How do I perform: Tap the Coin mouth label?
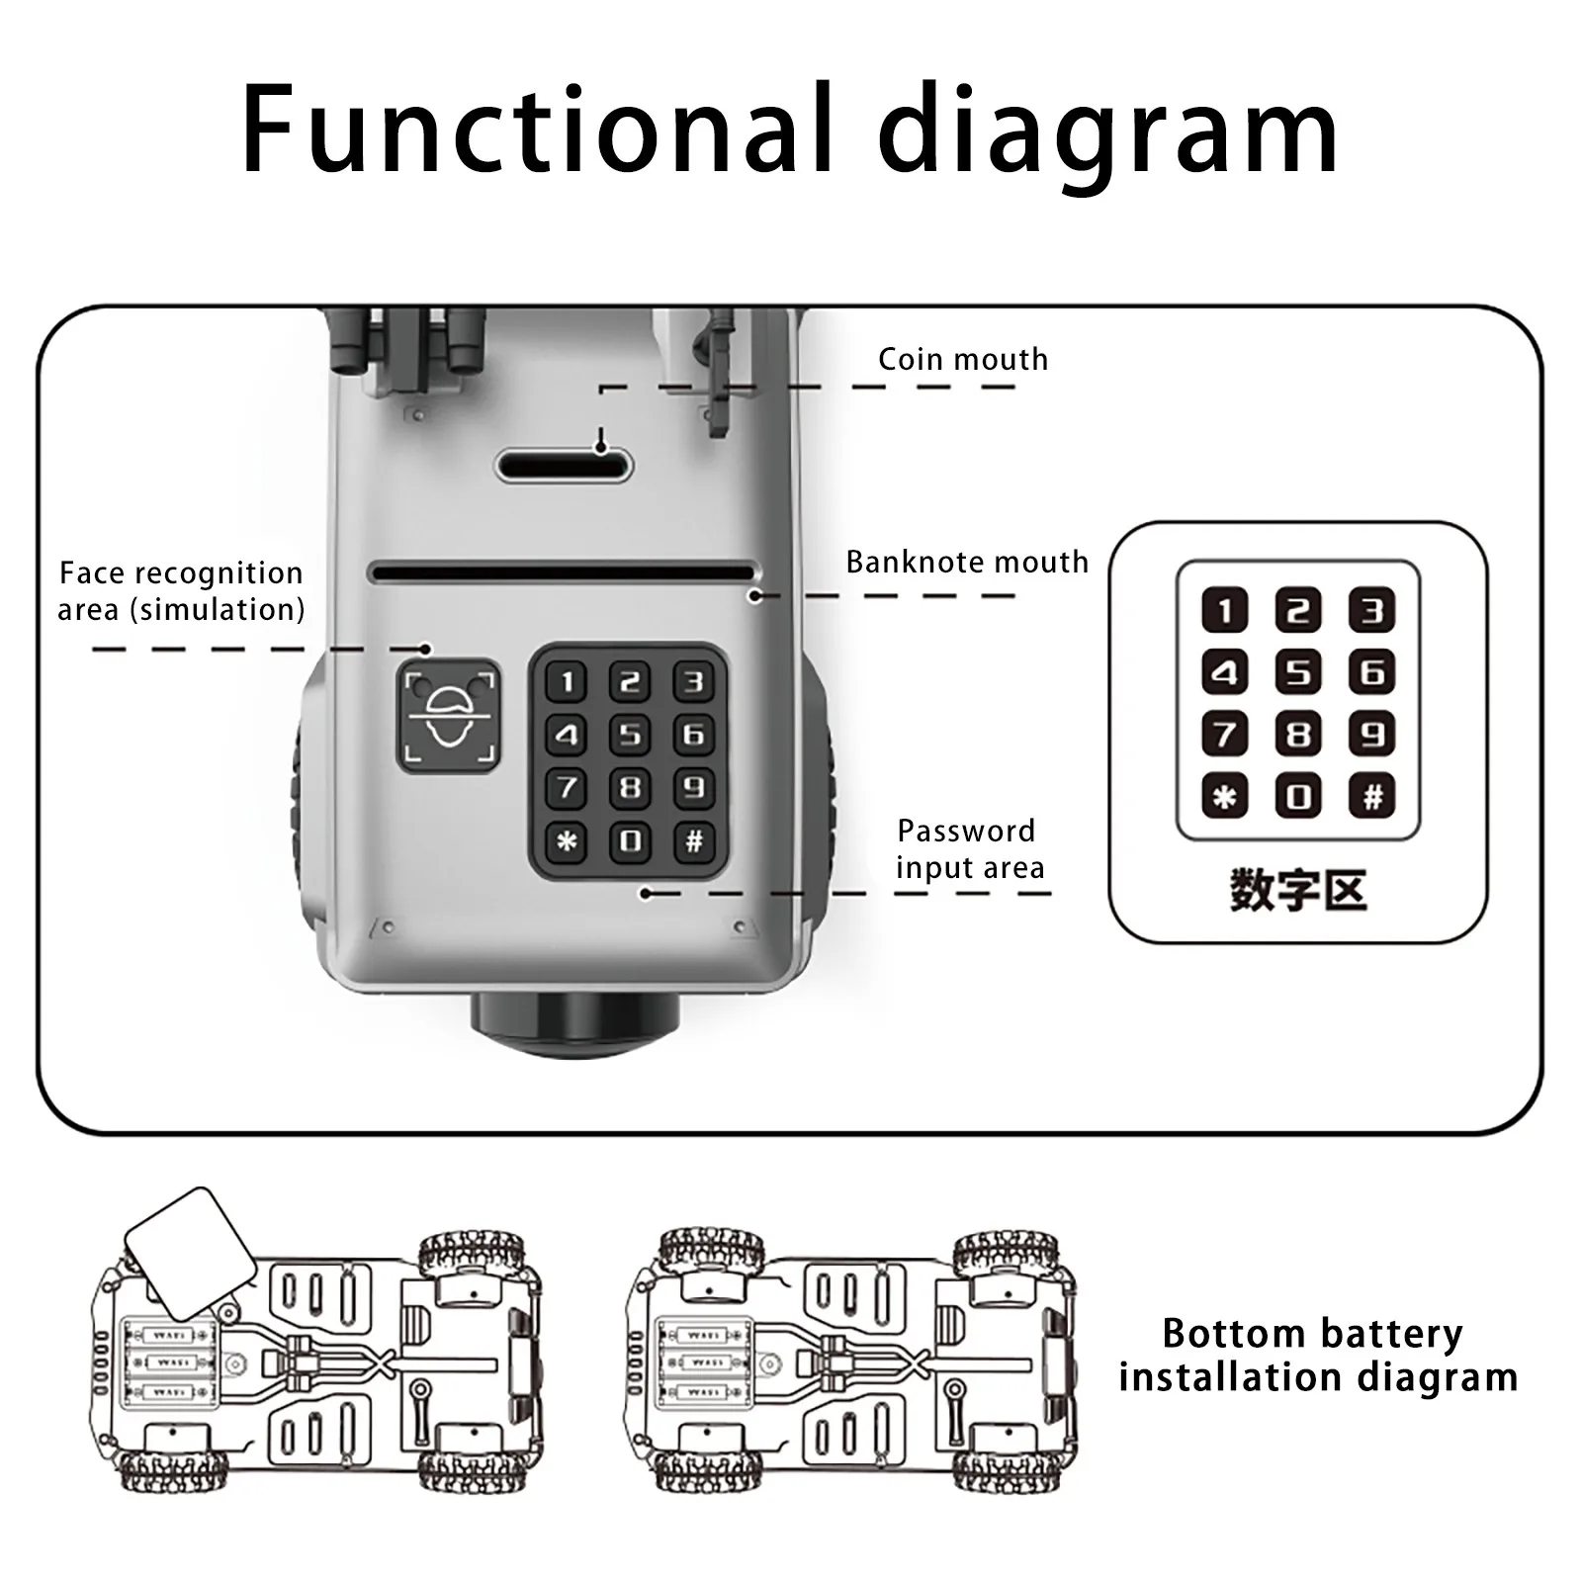963,359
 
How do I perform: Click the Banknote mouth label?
966,562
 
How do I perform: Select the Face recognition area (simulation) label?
181,591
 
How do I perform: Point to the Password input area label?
969,848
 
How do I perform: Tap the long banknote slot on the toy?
562,572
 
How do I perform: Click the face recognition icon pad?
449,716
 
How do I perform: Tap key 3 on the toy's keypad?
694,681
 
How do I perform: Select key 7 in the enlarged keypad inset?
1224,735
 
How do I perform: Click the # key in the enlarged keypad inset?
1372,796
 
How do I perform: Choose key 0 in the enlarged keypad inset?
1298,796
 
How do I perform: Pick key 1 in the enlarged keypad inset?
1224,610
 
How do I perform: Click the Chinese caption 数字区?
1298,890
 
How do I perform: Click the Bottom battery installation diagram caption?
1316,1355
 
